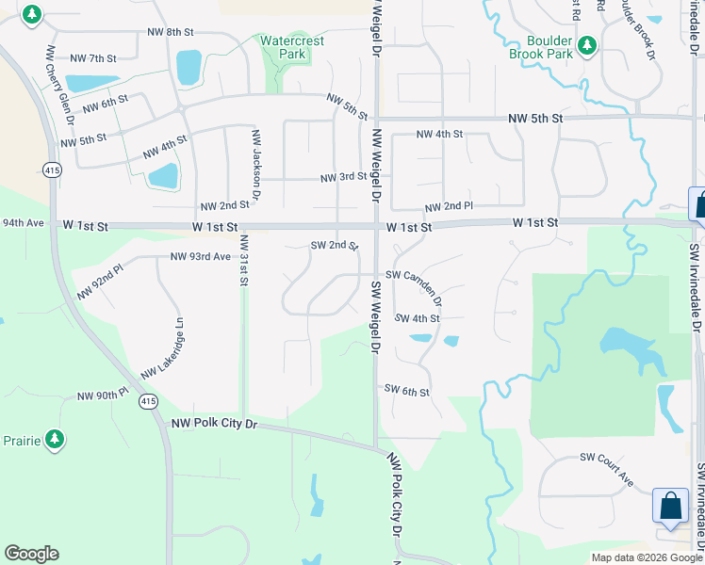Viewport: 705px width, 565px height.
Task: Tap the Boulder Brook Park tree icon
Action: pyautogui.click(x=586, y=44)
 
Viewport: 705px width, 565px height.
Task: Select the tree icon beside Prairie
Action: pyautogui.click(x=55, y=439)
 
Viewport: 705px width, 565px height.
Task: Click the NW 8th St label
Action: pyautogui.click(x=171, y=32)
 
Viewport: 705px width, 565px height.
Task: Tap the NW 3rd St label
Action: pyautogui.click(x=343, y=177)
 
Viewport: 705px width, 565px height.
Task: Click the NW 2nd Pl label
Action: pyautogui.click(x=449, y=206)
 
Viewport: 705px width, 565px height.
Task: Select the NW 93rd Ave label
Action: pyautogui.click(x=201, y=256)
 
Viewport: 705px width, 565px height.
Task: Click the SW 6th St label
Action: pyautogui.click(x=406, y=390)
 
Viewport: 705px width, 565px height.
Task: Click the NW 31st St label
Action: pyautogui.click(x=243, y=259)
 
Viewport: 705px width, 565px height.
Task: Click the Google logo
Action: pyautogui.click(x=32, y=554)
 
